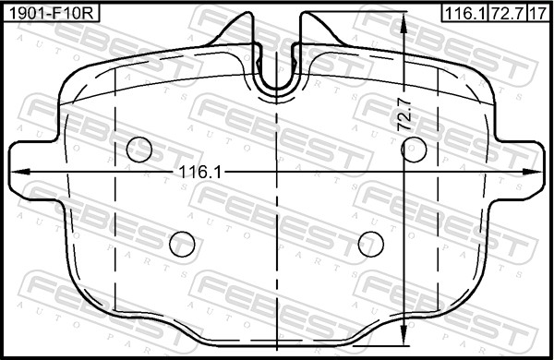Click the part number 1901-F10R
pyautogui.click(x=51, y=14)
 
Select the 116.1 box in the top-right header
pyautogui.click(x=464, y=14)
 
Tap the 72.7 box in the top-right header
pyautogui.click(x=507, y=14)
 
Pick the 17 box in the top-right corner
pyautogui.click(x=538, y=14)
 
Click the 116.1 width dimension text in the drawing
pyautogui.click(x=200, y=173)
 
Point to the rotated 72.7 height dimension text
pyautogui.click(x=405, y=114)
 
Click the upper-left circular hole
pyautogui.click(x=139, y=150)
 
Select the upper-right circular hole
pyautogui.click(x=414, y=150)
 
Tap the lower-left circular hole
pyautogui.click(x=182, y=244)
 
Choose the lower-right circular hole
pyautogui.click(x=370, y=244)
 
